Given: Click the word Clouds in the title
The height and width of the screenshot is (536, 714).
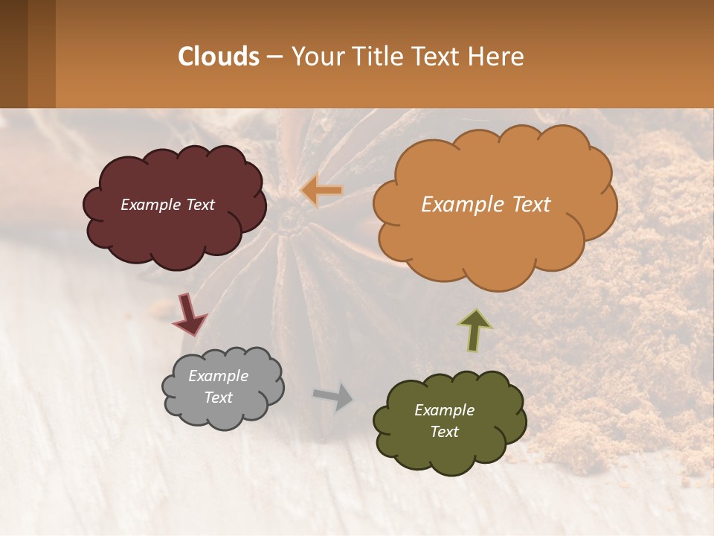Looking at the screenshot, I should [x=219, y=57].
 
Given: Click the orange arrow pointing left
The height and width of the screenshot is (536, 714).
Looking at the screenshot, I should [x=322, y=191].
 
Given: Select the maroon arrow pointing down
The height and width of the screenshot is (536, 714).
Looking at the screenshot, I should [x=189, y=315].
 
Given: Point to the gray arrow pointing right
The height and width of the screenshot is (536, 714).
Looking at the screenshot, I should [x=332, y=396].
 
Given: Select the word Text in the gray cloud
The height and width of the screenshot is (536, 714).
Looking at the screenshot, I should [x=219, y=398].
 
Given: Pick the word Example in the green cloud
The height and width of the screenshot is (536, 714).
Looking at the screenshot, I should [x=444, y=410].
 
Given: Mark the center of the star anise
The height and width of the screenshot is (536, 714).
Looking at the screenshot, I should [x=292, y=217].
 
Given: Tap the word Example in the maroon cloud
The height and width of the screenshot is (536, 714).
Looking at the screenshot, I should [x=149, y=205].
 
